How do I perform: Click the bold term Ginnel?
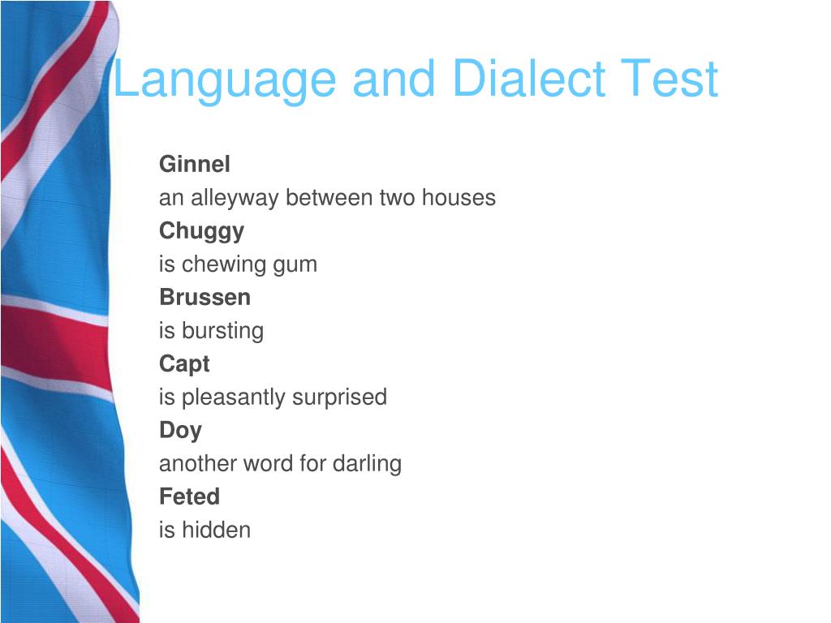tap(195, 165)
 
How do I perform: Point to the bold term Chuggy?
tap(201, 231)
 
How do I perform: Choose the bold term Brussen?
tap(205, 298)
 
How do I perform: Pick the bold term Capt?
tap(184, 364)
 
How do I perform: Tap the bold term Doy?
tap(180, 431)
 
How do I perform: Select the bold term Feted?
tap(189, 496)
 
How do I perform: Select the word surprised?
tap(339, 397)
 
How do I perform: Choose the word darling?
tap(367, 464)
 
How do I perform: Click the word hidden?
tap(216, 531)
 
